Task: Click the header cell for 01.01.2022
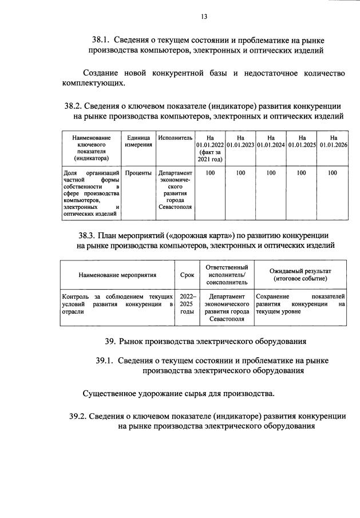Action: (209, 148)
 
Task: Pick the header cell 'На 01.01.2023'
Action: (240, 141)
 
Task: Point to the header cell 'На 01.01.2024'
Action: (271, 141)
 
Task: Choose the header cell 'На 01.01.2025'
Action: (302, 141)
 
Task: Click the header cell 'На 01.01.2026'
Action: (333, 141)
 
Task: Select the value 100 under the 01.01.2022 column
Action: (209, 172)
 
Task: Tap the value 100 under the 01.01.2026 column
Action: (333, 172)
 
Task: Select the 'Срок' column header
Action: (187, 275)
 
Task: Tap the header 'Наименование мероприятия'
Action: (117, 275)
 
